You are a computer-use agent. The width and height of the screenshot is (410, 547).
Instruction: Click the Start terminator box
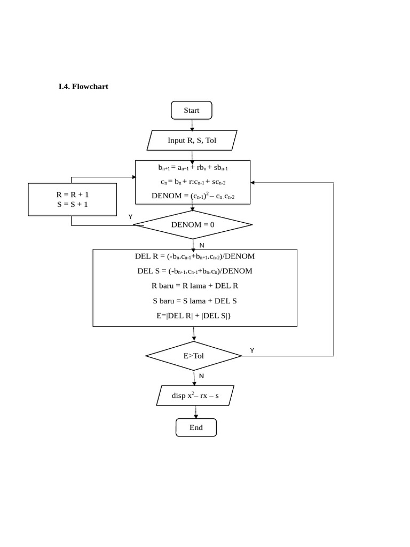click(192, 111)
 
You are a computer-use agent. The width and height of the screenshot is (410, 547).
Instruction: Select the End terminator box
click(196, 427)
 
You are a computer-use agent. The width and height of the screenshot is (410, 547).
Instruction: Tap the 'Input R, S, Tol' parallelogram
click(192, 140)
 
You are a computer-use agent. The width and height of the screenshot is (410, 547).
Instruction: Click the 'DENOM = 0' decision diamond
click(193, 224)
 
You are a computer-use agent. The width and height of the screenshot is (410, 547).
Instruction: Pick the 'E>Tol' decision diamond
click(194, 356)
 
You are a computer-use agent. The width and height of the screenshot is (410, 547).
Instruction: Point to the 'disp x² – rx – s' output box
click(195, 396)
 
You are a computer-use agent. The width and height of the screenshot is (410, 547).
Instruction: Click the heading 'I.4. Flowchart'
click(83, 86)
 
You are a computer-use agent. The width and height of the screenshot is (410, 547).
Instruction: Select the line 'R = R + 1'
click(73, 194)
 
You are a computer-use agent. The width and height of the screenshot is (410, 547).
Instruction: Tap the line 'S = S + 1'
click(73, 204)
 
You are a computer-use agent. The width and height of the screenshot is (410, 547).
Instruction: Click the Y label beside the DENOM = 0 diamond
click(130, 217)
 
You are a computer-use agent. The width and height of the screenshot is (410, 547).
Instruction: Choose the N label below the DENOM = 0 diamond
click(202, 245)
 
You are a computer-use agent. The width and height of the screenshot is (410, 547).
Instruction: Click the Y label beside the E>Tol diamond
click(252, 350)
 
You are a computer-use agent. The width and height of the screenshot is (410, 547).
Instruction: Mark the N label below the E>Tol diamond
click(202, 376)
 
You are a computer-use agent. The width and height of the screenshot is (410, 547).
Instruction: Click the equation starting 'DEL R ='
click(195, 256)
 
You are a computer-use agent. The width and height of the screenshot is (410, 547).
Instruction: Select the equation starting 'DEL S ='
click(195, 271)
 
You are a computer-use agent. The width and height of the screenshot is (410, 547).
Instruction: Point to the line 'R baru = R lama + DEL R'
click(195, 286)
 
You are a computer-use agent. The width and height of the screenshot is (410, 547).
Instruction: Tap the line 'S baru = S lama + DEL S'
click(195, 301)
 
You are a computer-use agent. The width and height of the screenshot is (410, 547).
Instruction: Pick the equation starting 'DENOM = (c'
click(193, 196)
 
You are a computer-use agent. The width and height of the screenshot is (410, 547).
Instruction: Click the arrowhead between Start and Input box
click(192, 128)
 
